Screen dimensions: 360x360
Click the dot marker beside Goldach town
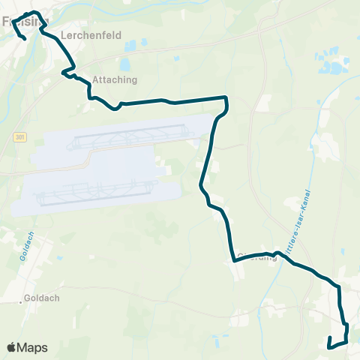coord(21,303)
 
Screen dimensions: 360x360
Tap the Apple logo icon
coord(12,347)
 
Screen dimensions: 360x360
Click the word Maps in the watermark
coord(33,347)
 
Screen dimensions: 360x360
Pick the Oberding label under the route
coord(256,255)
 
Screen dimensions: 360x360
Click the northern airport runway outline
coord(127,136)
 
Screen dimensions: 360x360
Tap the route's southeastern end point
coord(330,346)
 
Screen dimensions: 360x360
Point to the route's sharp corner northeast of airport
coord(226,97)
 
